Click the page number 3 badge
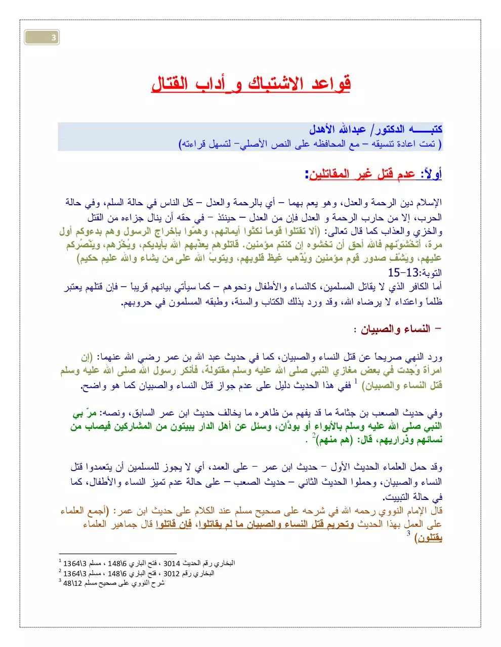[53, 37]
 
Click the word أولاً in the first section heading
[431, 174]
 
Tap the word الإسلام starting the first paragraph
[427, 203]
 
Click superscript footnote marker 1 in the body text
[356, 382]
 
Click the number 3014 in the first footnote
[173, 563]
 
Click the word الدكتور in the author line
[394, 130]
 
